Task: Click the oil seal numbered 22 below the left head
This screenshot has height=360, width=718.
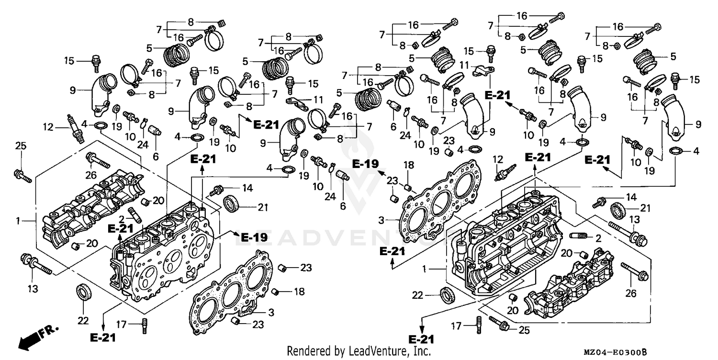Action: (x=84, y=292)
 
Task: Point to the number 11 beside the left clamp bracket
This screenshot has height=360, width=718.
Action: (x=319, y=100)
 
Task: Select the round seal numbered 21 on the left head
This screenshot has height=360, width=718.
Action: (x=233, y=203)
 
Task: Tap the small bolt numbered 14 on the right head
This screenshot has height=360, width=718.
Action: (x=600, y=202)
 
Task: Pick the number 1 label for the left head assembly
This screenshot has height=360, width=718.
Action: (x=18, y=221)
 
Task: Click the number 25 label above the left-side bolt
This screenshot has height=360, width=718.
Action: (x=20, y=145)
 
